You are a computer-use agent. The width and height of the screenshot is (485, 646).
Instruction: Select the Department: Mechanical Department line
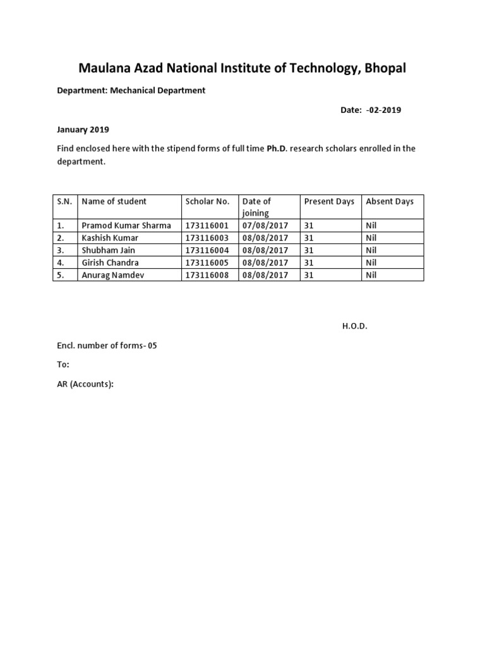pyautogui.click(x=131, y=90)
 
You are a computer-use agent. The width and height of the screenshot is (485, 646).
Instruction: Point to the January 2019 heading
pyautogui.click(x=83, y=129)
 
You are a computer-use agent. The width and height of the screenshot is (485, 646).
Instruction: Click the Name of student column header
pyautogui.click(x=114, y=201)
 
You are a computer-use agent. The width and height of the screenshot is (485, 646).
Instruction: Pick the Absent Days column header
pyautogui.click(x=390, y=201)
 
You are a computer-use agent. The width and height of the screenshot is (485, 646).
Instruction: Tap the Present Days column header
pyautogui.click(x=329, y=201)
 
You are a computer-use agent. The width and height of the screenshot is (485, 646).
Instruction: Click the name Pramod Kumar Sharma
pyautogui.click(x=126, y=225)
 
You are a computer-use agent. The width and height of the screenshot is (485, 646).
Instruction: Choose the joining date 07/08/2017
pyautogui.click(x=265, y=225)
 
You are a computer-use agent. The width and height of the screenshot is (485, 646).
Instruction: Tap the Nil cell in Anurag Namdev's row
pyautogui.click(x=371, y=275)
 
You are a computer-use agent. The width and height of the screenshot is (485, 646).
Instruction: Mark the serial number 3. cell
pyautogui.click(x=61, y=250)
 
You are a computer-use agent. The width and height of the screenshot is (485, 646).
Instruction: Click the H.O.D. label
pyautogui.click(x=354, y=326)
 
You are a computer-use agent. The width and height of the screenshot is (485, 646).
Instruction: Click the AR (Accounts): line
pyautogui.click(x=85, y=384)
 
